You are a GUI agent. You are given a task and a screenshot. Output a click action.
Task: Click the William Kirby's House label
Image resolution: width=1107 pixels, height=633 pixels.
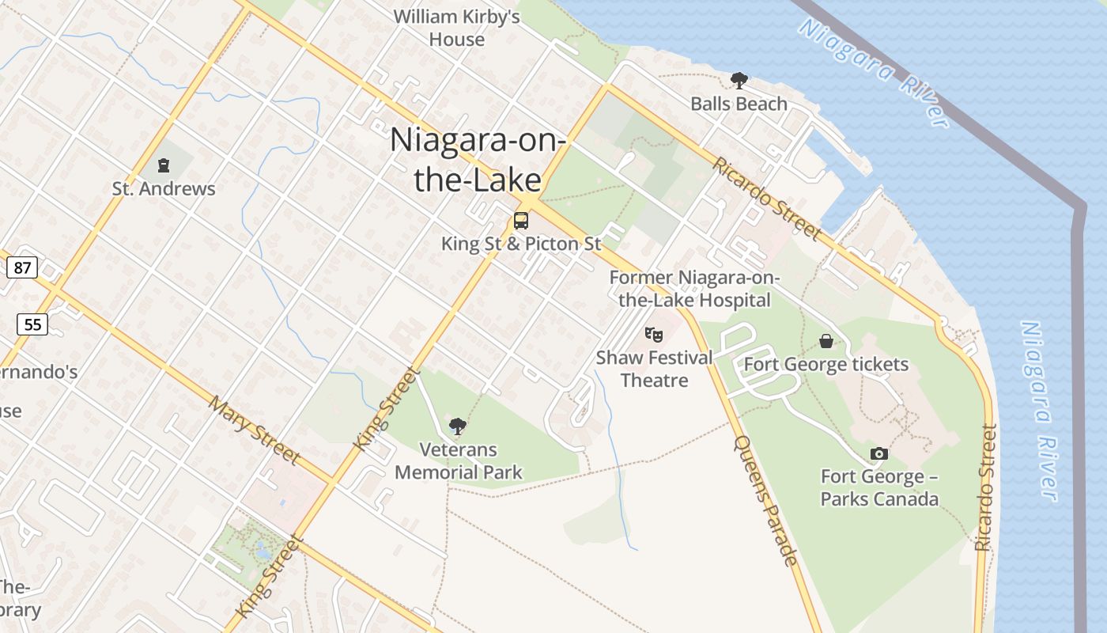pyautogui.click(x=456, y=28)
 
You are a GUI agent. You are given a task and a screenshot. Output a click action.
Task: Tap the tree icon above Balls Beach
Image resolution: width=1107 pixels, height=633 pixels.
pyautogui.click(x=739, y=80)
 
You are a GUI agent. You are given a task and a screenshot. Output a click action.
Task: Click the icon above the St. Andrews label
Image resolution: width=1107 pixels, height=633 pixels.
pyautogui.click(x=164, y=165)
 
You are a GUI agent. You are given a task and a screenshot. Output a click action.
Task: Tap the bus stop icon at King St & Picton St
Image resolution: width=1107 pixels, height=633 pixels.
pyautogui.click(x=520, y=221)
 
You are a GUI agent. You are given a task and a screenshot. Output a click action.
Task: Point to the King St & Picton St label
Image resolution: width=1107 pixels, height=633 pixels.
pyautogui.click(x=521, y=244)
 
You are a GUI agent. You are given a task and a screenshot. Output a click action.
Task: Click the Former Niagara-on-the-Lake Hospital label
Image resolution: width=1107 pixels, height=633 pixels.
pyautogui.click(x=694, y=289)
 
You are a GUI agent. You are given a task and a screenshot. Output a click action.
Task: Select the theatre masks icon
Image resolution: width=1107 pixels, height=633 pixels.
pyautogui.click(x=653, y=335)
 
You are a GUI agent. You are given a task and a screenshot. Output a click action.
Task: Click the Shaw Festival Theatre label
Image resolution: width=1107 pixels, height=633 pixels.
pyautogui.click(x=654, y=369)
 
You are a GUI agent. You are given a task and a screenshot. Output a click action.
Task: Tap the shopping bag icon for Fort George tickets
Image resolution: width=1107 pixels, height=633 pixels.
pyautogui.click(x=826, y=341)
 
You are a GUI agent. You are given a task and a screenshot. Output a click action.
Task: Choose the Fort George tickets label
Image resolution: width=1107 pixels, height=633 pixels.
pyautogui.click(x=826, y=365)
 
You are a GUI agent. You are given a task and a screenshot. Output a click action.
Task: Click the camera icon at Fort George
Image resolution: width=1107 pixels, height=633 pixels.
pyautogui.click(x=878, y=453)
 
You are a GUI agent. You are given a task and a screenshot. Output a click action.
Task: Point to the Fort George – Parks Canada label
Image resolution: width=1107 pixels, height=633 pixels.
pyautogui.click(x=879, y=487)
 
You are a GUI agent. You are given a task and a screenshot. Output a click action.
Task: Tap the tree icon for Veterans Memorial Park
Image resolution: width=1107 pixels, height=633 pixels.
pyautogui.click(x=457, y=426)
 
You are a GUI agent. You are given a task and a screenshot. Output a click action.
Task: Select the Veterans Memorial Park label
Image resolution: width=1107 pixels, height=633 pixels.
pyautogui.click(x=459, y=461)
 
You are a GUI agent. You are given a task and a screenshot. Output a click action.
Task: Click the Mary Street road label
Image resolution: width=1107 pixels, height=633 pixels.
pyautogui.click(x=255, y=430)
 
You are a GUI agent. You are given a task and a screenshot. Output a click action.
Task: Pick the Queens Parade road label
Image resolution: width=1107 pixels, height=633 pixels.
pyautogui.click(x=765, y=501)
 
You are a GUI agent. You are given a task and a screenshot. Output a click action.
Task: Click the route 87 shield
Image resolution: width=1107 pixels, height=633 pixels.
pyautogui.click(x=22, y=267)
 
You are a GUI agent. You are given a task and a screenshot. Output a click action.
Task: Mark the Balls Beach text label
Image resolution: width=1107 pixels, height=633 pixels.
pyautogui.click(x=739, y=104)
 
